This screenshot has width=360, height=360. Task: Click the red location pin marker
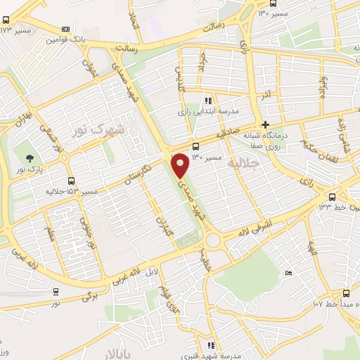point(181,165)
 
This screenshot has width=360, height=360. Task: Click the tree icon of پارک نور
point(30,158)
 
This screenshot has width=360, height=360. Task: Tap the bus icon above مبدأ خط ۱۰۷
point(345,293)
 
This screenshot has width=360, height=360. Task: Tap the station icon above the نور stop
point(56,291)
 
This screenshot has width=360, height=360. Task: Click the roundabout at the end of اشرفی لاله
point(215,243)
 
